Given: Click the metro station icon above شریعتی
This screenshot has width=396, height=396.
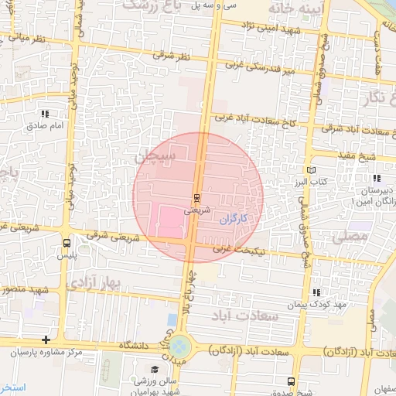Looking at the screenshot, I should [x=196, y=196].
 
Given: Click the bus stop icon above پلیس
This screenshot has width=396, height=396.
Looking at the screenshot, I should [x=67, y=242].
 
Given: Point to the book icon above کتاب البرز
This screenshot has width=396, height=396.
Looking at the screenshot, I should [x=312, y=170].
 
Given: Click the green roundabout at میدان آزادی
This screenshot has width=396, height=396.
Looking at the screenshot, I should [x=179, y=346].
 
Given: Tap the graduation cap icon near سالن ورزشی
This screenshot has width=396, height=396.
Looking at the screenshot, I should [x=154, y=369].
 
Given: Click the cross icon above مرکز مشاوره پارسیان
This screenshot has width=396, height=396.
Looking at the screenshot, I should [x=46, y=340].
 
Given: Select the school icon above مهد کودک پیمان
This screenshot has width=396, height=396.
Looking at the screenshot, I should [x=316, y=292].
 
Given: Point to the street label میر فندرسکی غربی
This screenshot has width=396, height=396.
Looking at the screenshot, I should [x=268, y=71].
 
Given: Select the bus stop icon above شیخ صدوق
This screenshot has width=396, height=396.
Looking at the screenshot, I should [x=290, y=381].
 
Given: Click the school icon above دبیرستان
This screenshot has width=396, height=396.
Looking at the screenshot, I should [x=376, y=178].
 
